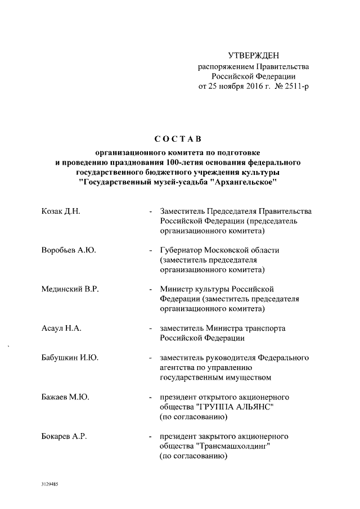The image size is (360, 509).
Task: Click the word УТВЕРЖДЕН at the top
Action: click(253, 55)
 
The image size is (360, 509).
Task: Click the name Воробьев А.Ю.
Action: click(69, 250)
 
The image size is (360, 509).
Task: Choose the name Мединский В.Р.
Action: click(70, 289)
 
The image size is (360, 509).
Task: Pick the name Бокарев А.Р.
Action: click(65, 436)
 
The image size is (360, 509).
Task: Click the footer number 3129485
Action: click(50, 484)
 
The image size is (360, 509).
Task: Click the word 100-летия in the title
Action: click(199, 163)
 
